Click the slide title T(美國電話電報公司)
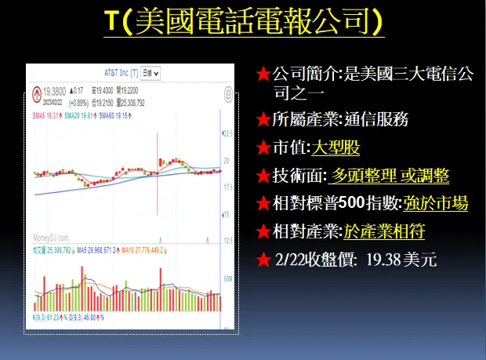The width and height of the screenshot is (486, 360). [243, 22]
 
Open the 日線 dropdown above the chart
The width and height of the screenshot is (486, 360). [151, 73]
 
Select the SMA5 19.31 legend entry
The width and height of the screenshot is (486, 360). [47, 116]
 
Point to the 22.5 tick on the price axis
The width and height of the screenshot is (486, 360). [227, 134]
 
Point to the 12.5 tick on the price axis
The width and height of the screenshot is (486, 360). [227, 241]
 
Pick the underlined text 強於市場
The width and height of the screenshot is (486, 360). [436, 203]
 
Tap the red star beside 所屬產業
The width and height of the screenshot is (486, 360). [263, 120]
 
